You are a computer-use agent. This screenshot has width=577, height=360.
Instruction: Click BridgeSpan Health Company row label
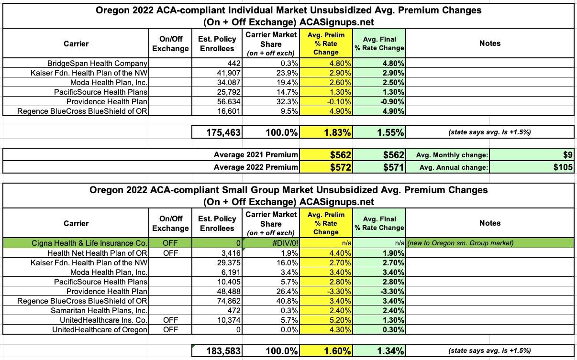(x=97, y=63)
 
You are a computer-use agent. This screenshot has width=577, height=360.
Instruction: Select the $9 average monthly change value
(x=568, y=155)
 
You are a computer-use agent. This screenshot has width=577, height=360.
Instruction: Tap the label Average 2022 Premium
(x=255, y=167)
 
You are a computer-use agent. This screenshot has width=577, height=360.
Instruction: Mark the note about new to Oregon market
(x=460, y=243)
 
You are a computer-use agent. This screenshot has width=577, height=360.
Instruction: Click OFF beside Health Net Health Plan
(x=170, y=252)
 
